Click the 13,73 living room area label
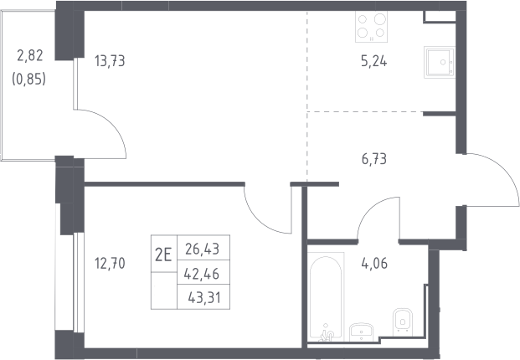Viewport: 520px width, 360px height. click(110, 61)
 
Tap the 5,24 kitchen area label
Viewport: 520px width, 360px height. click(373, 62)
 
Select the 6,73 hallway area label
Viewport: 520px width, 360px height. click(374, 159)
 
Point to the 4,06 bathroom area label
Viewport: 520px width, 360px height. click(374, 264)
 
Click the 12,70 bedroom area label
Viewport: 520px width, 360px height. click(110, 264)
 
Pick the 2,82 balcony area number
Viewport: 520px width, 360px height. click(30, 55)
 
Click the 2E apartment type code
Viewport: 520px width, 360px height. click(163, 255)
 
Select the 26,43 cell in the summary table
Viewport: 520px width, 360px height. click(203, 249)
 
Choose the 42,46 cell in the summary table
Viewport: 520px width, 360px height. click(202, 274)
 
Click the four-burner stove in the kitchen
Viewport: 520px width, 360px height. click(371, 27)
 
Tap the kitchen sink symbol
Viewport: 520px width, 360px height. click(439, 62)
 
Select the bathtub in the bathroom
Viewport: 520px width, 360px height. click(326, 296)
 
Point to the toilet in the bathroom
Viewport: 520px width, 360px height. click(403, 321)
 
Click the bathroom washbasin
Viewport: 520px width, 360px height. click(361, 332)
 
